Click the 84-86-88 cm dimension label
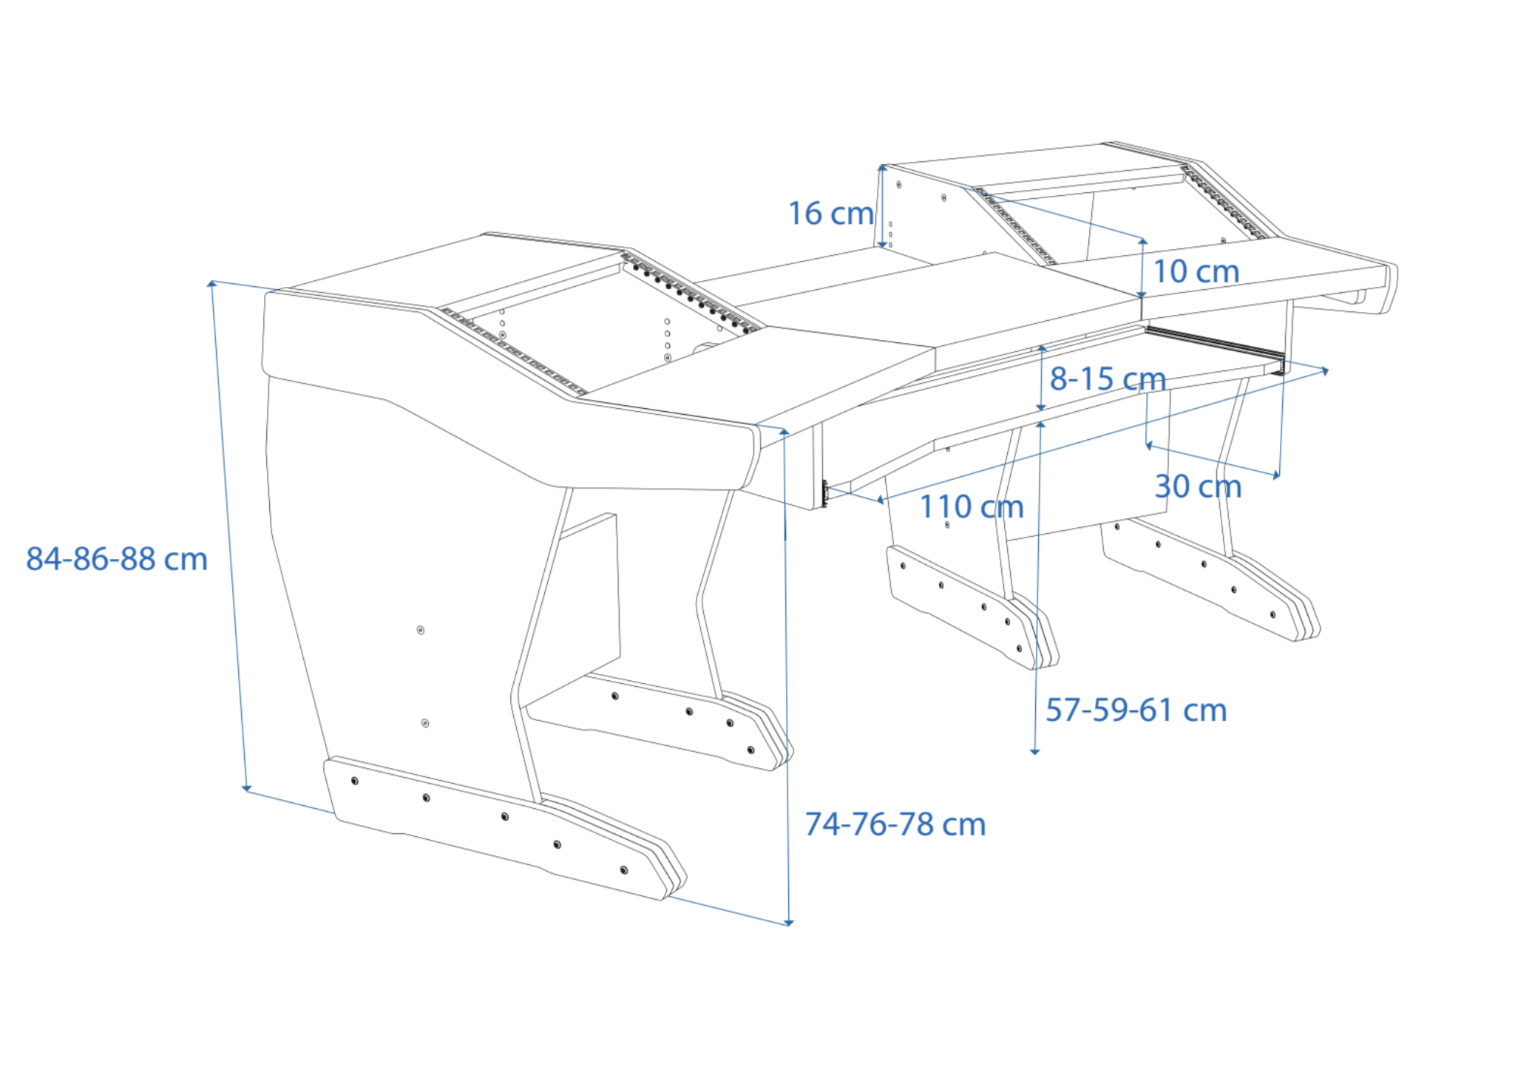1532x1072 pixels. tap(117, 559)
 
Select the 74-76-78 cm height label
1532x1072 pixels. tap(895, 824)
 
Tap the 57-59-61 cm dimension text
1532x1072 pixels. tap(1136, 710)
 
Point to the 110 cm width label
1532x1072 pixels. tap(971, 507)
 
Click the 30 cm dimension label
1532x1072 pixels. tap(1198, 486)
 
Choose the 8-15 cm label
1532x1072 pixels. tap(1107, 379)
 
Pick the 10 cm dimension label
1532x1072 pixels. tap(1196, 271)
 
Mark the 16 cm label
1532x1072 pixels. tap(830, 214)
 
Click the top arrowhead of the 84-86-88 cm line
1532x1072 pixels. tap(212, 284)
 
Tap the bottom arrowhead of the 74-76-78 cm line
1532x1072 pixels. tap(789, 922)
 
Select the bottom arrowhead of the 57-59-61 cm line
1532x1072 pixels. tap(1035, 751)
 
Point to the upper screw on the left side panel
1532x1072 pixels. tap(421, 630)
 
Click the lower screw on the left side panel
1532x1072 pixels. tap(425, 722)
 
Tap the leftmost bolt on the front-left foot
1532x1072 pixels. tap(355, 781)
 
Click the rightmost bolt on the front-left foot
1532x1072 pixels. tap(624, 870)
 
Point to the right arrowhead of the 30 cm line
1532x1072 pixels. tap(1277, 475)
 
